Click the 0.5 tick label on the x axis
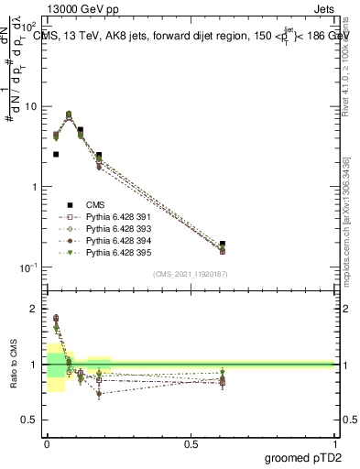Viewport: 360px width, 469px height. tap(191, 442)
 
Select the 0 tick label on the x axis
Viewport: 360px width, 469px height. tap(47, 442)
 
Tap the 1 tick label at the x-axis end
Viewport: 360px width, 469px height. tap(335, 442)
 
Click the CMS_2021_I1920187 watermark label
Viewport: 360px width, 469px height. tap(191, 273)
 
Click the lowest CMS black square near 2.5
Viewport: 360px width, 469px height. tap(56, 155)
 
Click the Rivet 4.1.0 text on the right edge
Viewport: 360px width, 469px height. tap(348, 64)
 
